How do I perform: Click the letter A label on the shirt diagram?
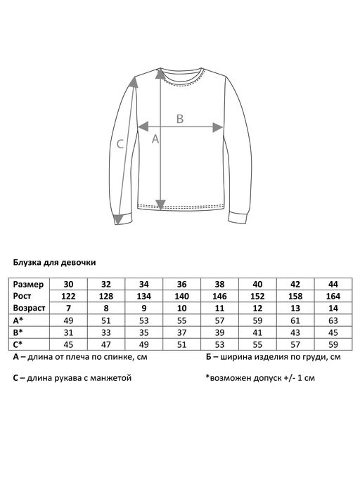(155, 139)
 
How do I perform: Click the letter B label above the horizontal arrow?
(179, 119)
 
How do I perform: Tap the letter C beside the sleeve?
(120, 145)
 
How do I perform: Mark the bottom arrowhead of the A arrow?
(161, 205)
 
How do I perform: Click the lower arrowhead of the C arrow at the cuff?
(119, 219)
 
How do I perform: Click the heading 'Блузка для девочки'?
(55, 262)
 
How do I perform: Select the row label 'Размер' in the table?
(29, 284)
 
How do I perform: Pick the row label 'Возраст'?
(30, 308)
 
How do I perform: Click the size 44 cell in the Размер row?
(333, 284)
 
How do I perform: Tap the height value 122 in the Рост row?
(69, 296)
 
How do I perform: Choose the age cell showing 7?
(69, 308)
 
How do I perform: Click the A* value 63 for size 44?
(333, 320)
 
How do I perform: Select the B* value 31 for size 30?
(69, 332)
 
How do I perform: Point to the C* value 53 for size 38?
(220, 344)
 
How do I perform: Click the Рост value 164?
(333, 296)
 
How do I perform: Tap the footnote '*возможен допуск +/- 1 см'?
(261, 377)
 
